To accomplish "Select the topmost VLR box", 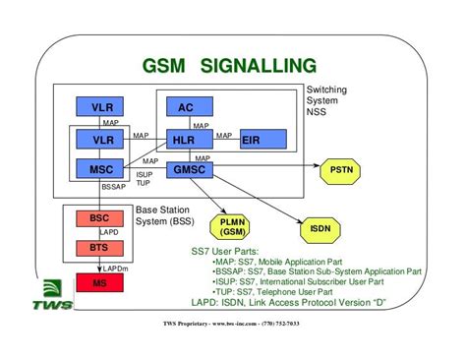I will [x=102, y=107].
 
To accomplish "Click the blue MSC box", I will [x=102, y=169].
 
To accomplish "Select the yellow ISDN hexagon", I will [x=321, y=228].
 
